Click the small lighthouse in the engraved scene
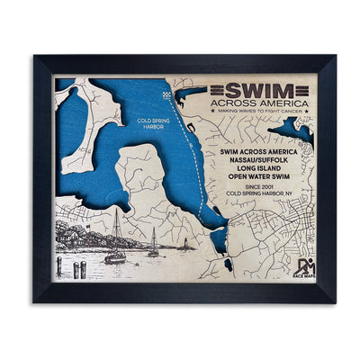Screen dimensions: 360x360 point(185,244)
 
